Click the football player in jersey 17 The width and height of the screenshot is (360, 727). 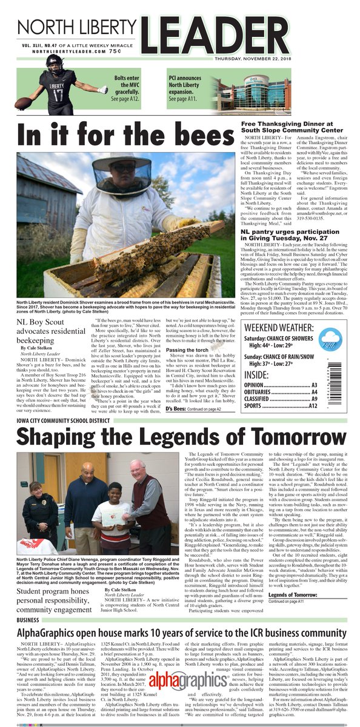click(x=59, y=91)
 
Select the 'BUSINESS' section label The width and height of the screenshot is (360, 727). click(x=29, y=620)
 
